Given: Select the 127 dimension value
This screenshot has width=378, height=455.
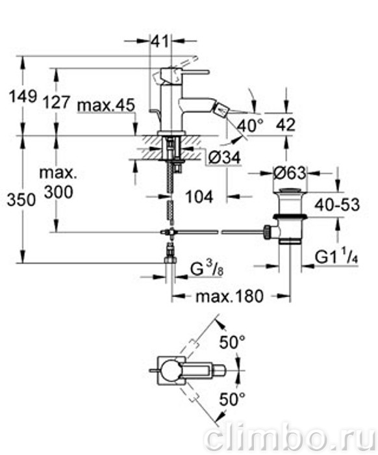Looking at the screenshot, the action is click(x=57, y=102).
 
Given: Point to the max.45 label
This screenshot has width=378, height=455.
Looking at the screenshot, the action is click(x=106, y=105).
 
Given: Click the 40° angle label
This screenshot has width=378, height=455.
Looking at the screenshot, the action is click(x=250, y=125).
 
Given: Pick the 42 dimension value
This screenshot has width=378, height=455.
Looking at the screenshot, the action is click(x=286, y=125).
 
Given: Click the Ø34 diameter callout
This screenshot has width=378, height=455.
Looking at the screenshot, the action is click(x=225, y=157).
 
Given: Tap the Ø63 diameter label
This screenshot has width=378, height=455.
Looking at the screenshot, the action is click(x=289, y=174).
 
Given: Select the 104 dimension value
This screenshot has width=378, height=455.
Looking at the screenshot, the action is click(x=199, y=197).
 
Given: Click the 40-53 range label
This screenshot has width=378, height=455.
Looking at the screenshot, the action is click(x=337, y=205).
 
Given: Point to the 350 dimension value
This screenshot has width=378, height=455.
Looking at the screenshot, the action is click(x=21, y=200).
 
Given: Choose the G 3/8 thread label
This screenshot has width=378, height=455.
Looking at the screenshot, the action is click(x=207, y=270).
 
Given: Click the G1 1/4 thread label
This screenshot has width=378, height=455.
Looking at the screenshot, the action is click(x=336, y=257).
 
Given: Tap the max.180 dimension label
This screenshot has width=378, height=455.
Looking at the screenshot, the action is click(x=230, y=296).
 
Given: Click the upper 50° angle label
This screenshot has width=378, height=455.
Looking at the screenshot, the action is click(x=233, y=343).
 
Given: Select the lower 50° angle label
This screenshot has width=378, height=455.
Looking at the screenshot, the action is click(x=233, y=400).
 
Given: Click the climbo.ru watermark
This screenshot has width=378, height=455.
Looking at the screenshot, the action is click(x=291, y=438).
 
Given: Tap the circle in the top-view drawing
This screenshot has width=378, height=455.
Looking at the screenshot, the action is click(x=171, y=370).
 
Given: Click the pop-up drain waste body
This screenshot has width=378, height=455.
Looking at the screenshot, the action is click(x=289, y=216).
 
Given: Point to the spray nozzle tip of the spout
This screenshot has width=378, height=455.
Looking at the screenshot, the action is click(x=221, y=110).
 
